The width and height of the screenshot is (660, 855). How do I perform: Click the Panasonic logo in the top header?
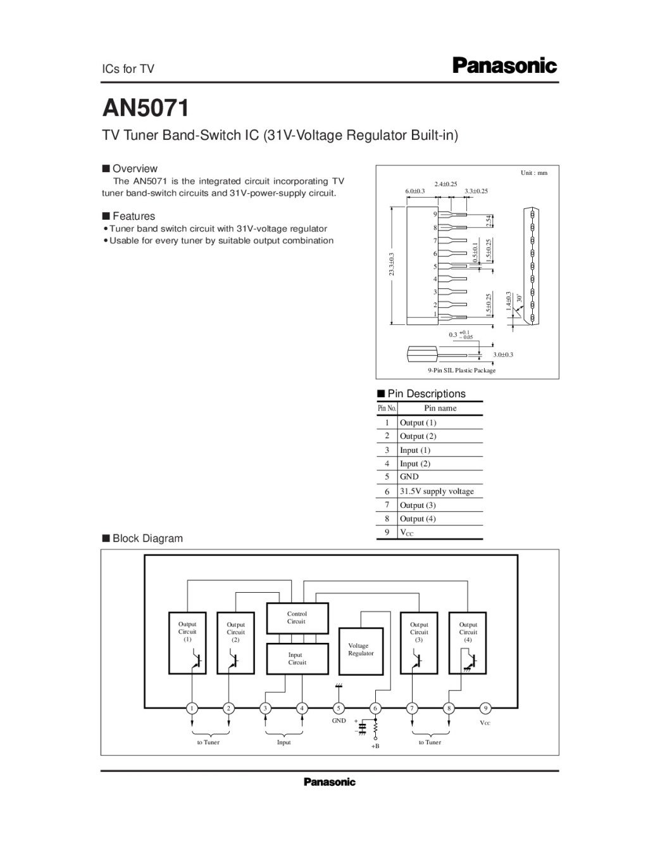coord(504,66)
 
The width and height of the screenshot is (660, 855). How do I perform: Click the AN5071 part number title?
coord(146,108)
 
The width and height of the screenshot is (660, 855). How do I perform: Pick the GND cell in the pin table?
coord(409,477)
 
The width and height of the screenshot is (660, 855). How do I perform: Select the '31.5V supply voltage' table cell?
coord(437,491)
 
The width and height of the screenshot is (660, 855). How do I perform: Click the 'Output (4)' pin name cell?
coord(418,519)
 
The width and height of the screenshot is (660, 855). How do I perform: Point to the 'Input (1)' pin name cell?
coord(415,450)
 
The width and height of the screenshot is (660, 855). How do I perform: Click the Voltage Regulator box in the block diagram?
coord(361,650)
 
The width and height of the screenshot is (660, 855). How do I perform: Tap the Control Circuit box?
coord(297,618)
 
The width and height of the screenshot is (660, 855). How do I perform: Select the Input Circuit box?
coord(297,659)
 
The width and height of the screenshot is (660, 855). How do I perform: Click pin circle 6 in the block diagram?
coord(375,708)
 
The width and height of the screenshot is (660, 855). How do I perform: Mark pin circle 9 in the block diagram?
coord(485,708)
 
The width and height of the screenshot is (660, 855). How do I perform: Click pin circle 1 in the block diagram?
coord(192,708)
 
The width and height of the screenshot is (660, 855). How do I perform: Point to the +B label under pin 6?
coord(375,747)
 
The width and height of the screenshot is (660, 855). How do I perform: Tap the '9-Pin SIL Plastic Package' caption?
coord(462,370)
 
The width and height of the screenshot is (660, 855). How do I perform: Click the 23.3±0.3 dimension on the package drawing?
coord(392,264)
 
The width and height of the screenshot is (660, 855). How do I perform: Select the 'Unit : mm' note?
coord(534,173)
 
